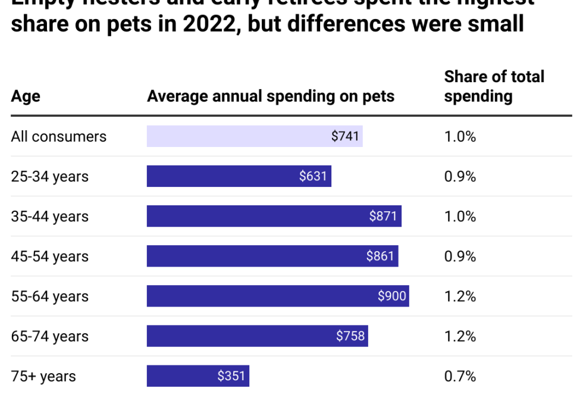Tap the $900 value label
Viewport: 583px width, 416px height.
point(392,296)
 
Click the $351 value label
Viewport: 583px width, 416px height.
point(231,376)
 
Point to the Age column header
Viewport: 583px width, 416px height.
point(26,96)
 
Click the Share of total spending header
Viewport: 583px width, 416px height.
point(494,86)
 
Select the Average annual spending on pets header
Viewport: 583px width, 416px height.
point(271,96)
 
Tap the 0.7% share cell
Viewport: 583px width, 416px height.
point(460,376)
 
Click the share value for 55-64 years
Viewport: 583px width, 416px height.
point(460,296)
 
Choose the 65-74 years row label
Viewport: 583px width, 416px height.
point(49,336)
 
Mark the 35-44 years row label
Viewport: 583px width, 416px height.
point(49,216)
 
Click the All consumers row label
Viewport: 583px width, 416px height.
point(58,136)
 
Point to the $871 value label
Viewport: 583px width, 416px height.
point(383,216)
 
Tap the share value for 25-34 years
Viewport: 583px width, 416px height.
point(460,176)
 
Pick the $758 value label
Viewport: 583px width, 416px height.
point(350,336)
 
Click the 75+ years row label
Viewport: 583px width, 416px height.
point(43,376)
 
